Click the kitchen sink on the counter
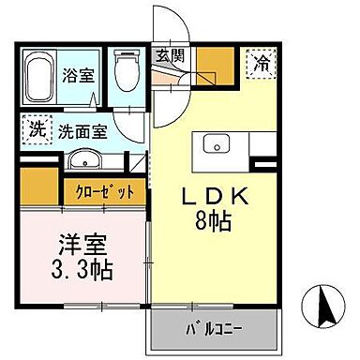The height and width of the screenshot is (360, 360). tap(215, 142)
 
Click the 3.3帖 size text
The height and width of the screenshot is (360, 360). tap(82, 272)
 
